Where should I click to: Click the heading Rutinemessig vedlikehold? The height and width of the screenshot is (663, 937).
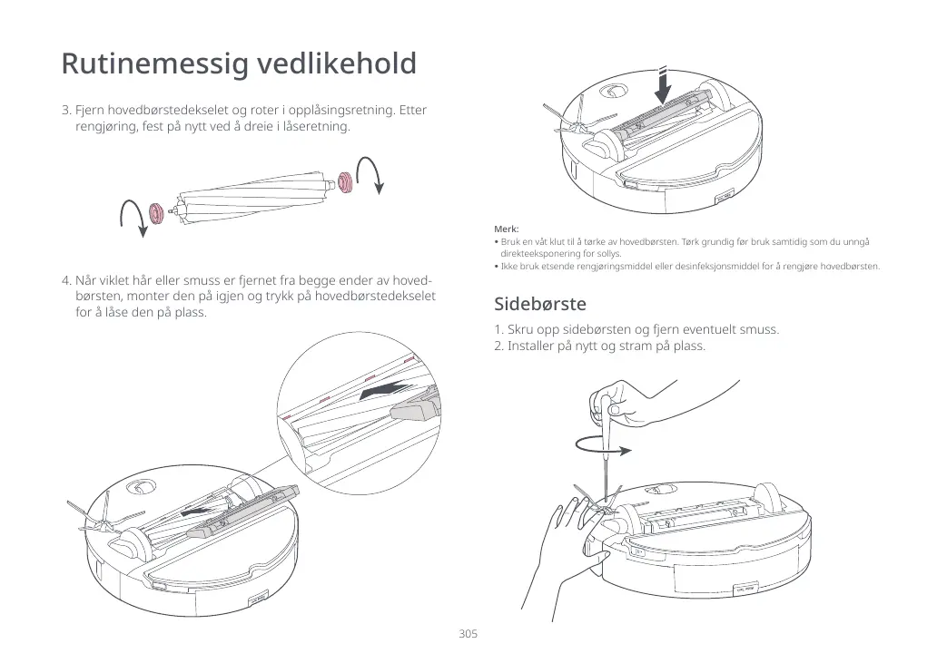click(239, 64)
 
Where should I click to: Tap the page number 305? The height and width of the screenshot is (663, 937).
click(468, 633)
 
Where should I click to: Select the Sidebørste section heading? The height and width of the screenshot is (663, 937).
click(539, 303)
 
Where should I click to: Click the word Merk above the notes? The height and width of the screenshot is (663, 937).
click(506, 229)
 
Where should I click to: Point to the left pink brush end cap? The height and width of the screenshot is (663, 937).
click(156, 212)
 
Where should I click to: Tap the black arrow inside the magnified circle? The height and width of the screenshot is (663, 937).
click(381, 391)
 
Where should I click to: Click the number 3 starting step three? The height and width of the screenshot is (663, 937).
click(65, 111)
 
